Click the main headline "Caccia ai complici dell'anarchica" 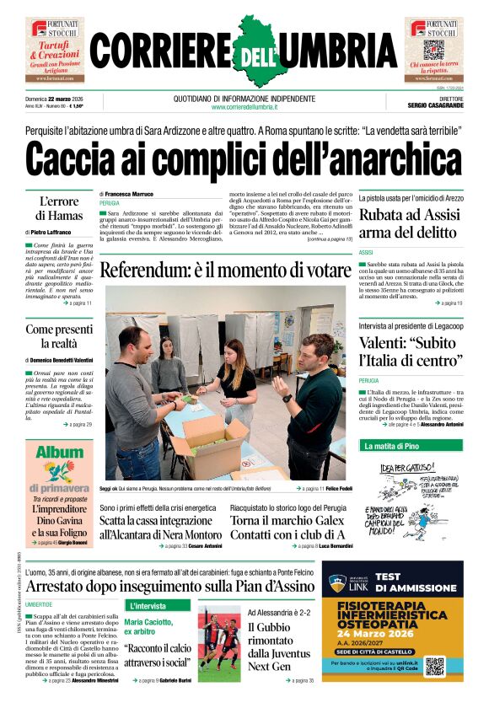click(244, 159)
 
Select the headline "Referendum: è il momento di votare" click(224, 271)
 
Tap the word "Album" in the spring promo click(58, 475)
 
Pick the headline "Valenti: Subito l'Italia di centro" click(411, 352)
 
